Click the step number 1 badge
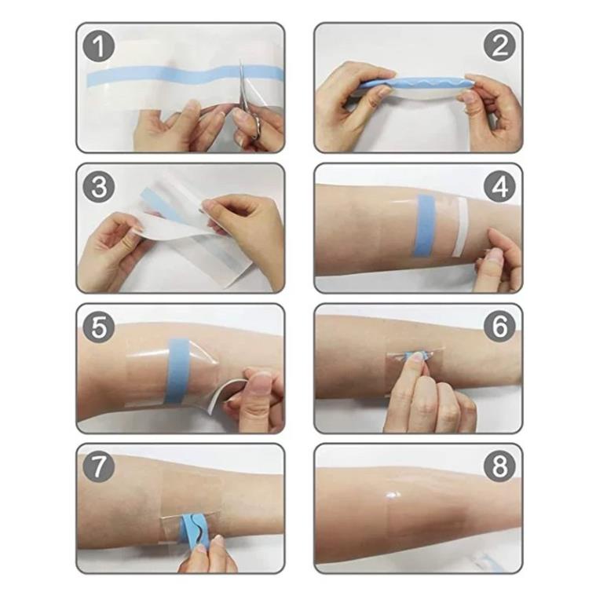(x=99, y=46)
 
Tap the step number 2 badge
(x=499, y=46)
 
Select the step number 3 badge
(x=99, y=187)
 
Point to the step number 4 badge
(x=499, y=187)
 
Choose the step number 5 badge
(x=99, y=327)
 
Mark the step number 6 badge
(x=499, y=327)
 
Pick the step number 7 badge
(x=99, y=466)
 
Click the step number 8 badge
(x=499, y=466)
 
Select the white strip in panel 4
(x=460, y=227)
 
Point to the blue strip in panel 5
(x=177, y=371)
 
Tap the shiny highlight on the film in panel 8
(x=393, y=495)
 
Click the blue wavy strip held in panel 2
(x=416, y=84)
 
